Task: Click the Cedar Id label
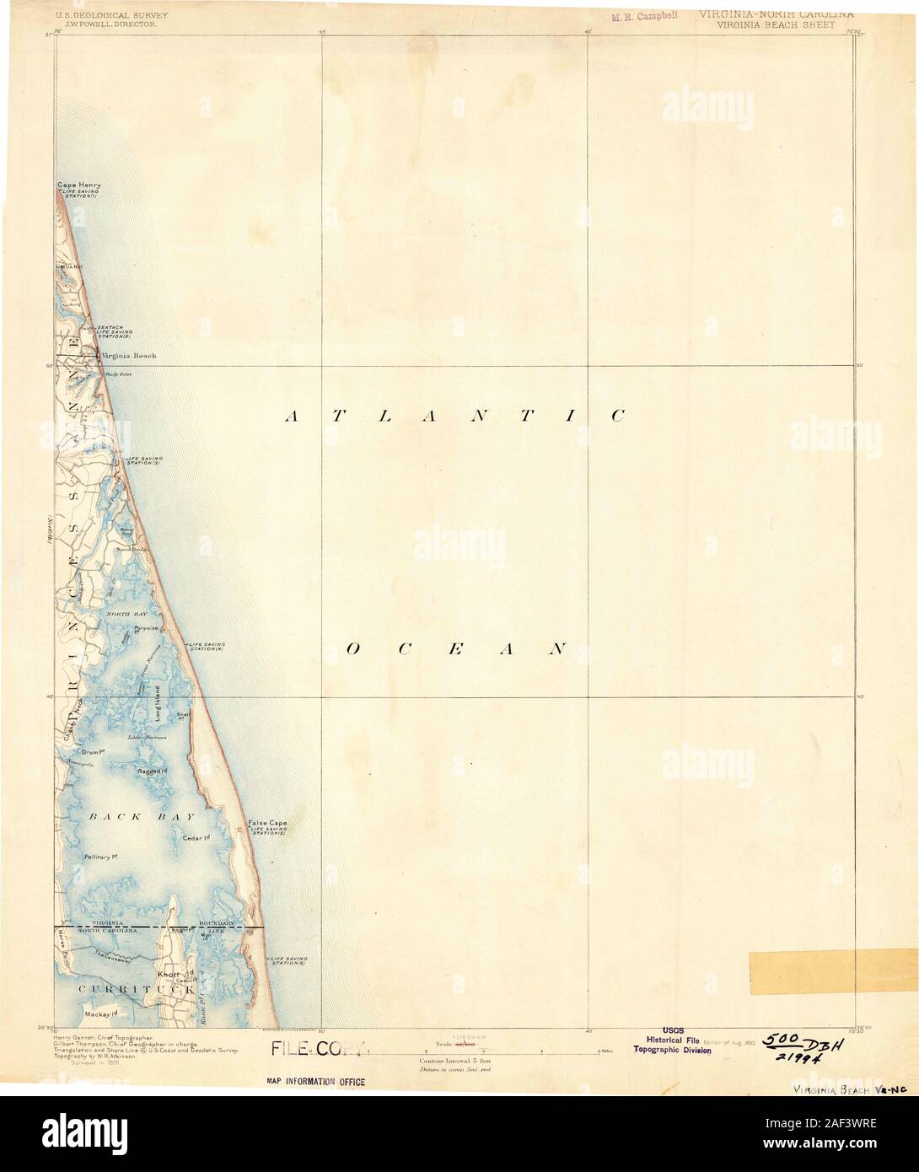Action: tap(196, 837)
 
